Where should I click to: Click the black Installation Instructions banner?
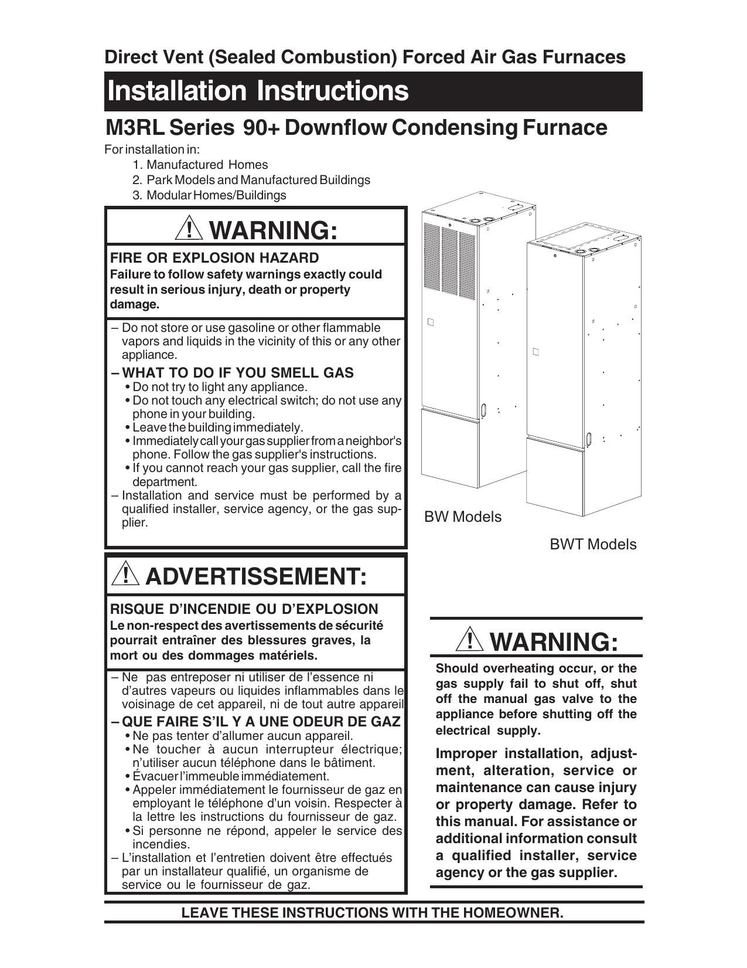[x=373, y=91]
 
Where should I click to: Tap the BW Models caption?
[x=463, y=517]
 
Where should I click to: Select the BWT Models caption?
[x=592, y=545]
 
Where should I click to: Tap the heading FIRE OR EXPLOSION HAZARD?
[x=214, y=258]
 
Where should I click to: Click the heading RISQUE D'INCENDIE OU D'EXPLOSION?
[x=244, y=609]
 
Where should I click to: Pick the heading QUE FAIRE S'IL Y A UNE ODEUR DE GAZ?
[x=260, y=721]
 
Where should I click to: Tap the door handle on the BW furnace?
[x=484, y=409]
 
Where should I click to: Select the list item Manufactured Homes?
[x=207, y=165]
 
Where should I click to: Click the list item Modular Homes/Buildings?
[x=216, y=196]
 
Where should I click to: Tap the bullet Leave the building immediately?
[x=217, y=427]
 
